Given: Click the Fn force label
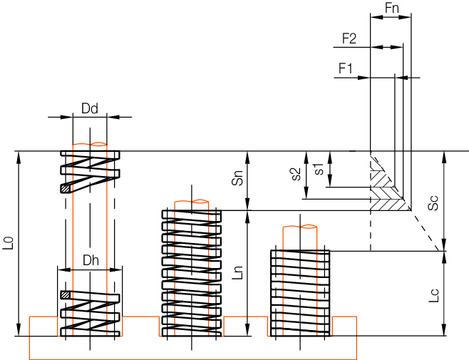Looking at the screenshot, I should pyautogui.click(x=394, y=10).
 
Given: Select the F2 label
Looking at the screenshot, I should pyautogui.click(x=351, y=39).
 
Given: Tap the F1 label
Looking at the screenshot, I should pyautogui.click(x=347, y=68).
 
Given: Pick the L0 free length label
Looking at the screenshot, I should pyautogui.click(x=10, y=244).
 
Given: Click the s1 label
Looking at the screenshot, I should pyautogui.click(x=318, y=168).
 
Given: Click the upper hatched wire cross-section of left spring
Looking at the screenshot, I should pyautogui.click(x=67, y=187).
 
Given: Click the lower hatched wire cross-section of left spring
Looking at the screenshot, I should pyautogui.click(x=67, y=295).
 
